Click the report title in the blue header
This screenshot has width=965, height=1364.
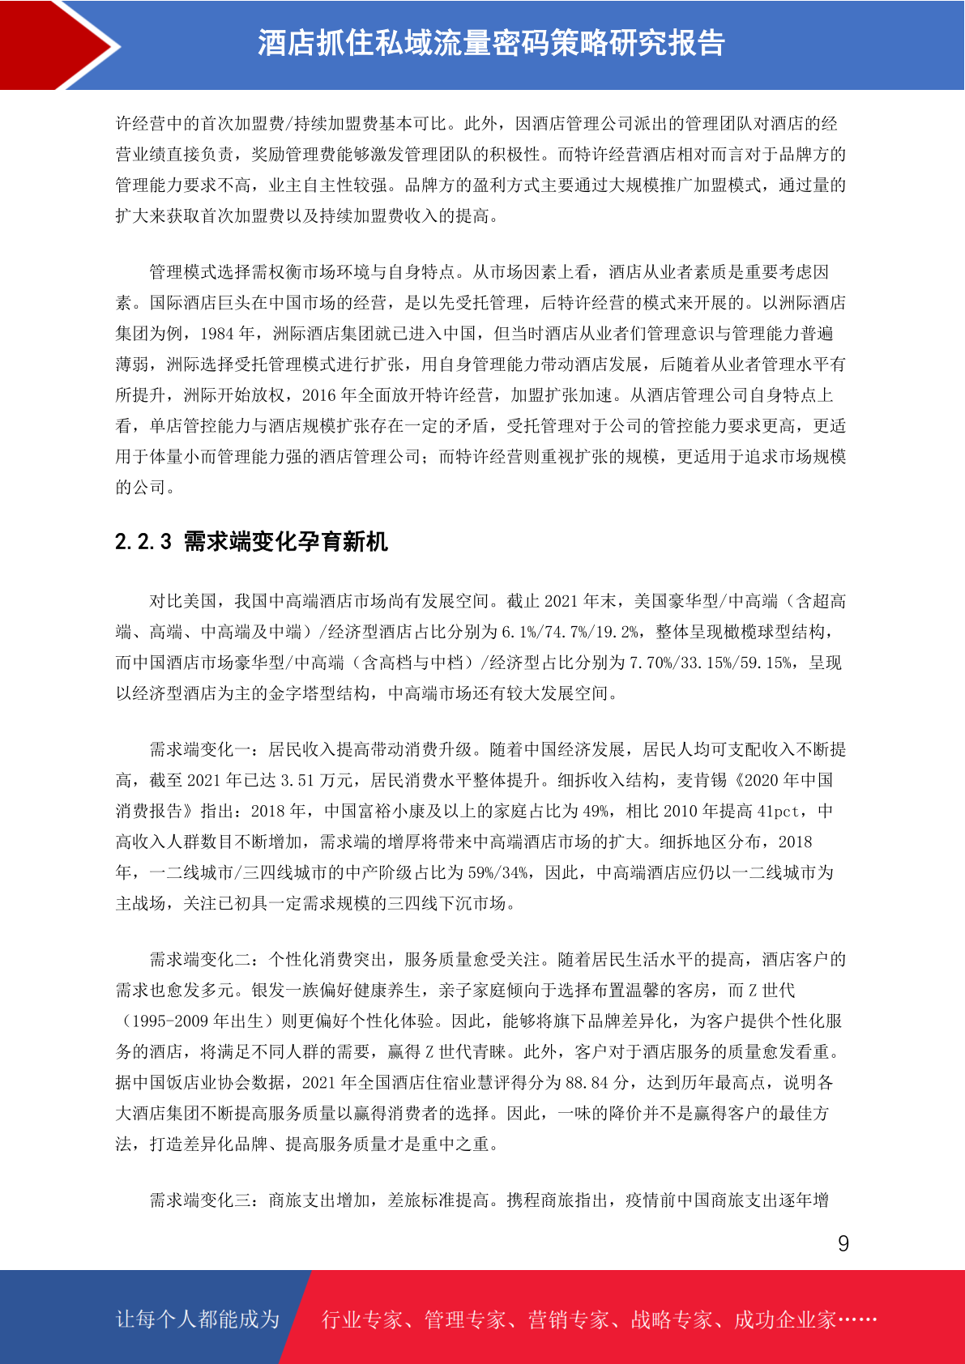tap(491, 44)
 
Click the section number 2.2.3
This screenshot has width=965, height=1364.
tap(143, 542)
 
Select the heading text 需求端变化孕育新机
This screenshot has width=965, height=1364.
tap(286, 542)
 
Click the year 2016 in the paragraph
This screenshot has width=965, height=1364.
tap(318, 395)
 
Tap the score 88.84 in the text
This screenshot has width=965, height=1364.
tap(587, 1083)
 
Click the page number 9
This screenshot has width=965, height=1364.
tap(843, 1244)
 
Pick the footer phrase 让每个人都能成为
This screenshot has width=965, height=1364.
tap(198, 1319)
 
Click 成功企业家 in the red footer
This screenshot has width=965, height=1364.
tap(784, 1320)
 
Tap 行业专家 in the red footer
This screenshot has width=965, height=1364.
tap(362, 1320)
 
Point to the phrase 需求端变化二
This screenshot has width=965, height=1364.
tap(200, 960)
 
